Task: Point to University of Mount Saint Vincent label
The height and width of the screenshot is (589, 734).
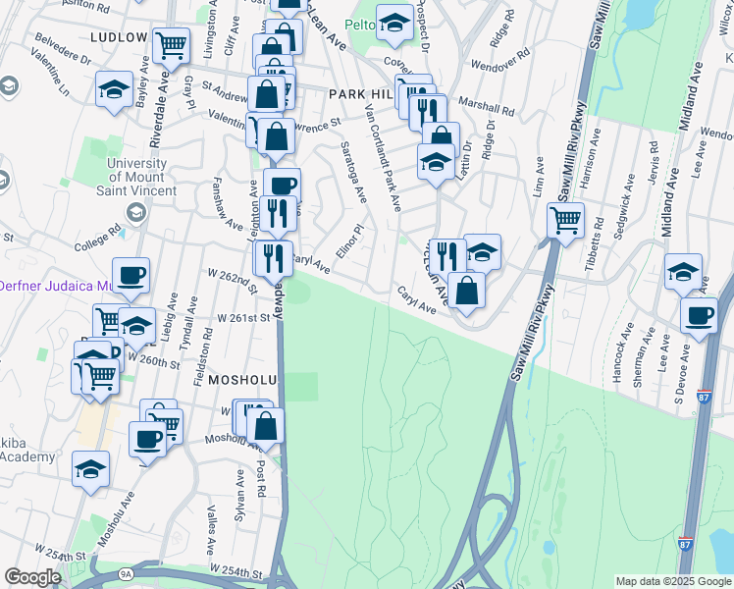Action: tap(142, 177)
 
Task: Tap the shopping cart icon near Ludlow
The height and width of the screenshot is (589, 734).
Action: tap(172, 44)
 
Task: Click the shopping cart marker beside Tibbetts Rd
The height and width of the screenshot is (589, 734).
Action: tap(566, 220)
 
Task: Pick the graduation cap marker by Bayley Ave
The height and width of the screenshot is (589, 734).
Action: tap(114, 90)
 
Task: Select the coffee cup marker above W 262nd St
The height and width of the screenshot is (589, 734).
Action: tap(131, 274)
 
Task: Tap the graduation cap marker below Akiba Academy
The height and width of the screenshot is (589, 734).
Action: tap(90, 468)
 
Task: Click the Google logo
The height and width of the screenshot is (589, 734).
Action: tap(33, 577)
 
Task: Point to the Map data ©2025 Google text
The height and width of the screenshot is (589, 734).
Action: tap(672, 581)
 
